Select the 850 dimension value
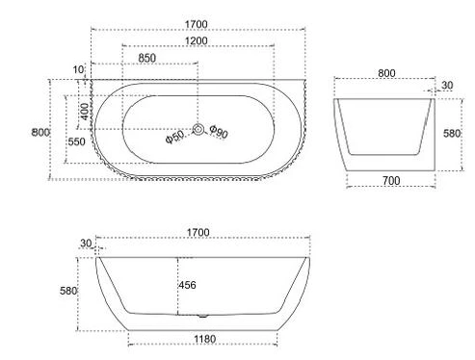(148, 59)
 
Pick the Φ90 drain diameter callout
(218, 134)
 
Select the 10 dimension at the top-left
(78, 69)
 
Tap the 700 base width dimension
(389, 180)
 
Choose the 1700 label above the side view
(198, 233)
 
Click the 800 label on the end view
(385, 72)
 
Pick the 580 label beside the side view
(67, 290)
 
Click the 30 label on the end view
(446, 86)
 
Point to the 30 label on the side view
(87, 244)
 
